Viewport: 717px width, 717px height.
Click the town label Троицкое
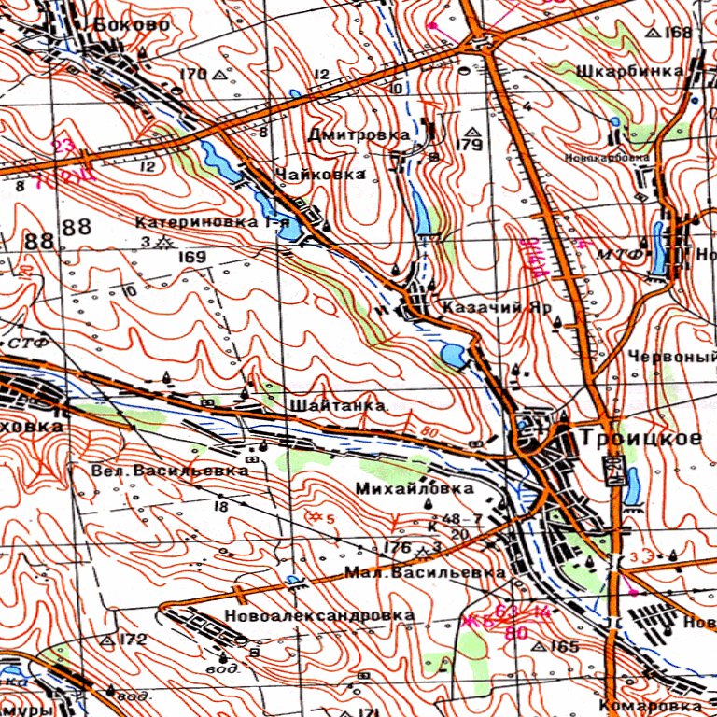[x=641, y=438]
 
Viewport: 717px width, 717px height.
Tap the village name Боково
[x=132, y=25]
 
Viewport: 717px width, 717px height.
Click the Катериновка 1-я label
[x=212, y=223]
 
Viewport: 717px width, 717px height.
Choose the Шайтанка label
[x=338, y=406]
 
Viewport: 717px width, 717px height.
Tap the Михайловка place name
[x=415, y=488]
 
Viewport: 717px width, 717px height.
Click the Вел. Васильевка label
[x=170, y=471]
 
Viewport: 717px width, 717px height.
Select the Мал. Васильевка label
[x=425, y=571]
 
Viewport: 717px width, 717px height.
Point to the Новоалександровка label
[x=319, y=616]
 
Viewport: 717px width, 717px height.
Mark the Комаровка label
[x=650, y=706]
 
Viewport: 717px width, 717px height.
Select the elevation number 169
[x=192, y=257]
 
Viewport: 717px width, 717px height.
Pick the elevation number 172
[x=134, y=640]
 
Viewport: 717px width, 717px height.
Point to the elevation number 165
[x=566, y=646]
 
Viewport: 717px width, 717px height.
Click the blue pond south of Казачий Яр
[x=452, y=357]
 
